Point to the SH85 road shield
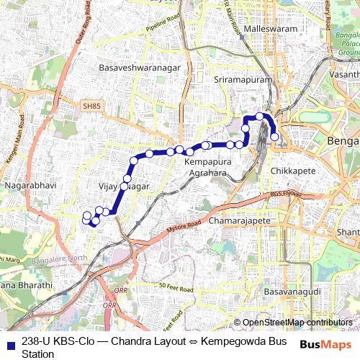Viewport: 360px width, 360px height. [x=91, y=107]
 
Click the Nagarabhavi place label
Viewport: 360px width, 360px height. [x=26, y=185]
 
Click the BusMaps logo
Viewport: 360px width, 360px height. [x=321, y=345]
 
